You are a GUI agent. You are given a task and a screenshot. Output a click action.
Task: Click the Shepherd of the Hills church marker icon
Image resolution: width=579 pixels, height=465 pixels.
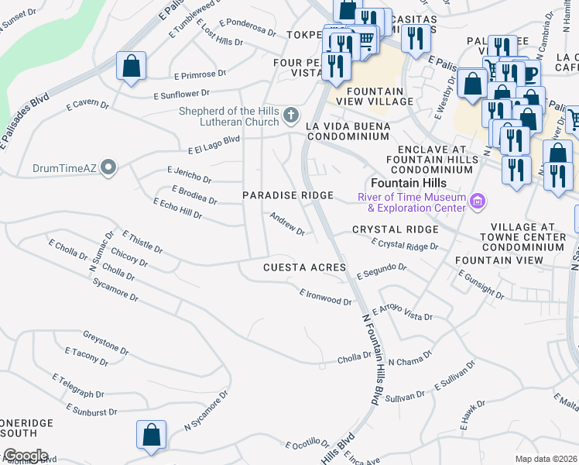(291, 116)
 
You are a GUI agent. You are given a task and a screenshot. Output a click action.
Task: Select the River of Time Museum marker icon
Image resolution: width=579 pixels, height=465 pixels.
(478, 202)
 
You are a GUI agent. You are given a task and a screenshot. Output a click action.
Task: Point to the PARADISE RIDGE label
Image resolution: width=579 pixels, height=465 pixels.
(288, 196)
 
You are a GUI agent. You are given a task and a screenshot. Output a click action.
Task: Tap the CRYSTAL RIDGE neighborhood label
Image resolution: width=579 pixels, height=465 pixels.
(395, 230)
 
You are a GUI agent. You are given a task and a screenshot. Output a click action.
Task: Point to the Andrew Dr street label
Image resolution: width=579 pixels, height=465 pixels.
(287, 224)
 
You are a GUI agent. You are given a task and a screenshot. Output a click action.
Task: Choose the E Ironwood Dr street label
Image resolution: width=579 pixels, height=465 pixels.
(326, 297)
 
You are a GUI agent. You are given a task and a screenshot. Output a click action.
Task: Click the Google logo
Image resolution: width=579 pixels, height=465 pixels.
(26, 456)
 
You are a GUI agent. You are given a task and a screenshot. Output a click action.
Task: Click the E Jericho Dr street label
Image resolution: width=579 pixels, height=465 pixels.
(189, 174)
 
